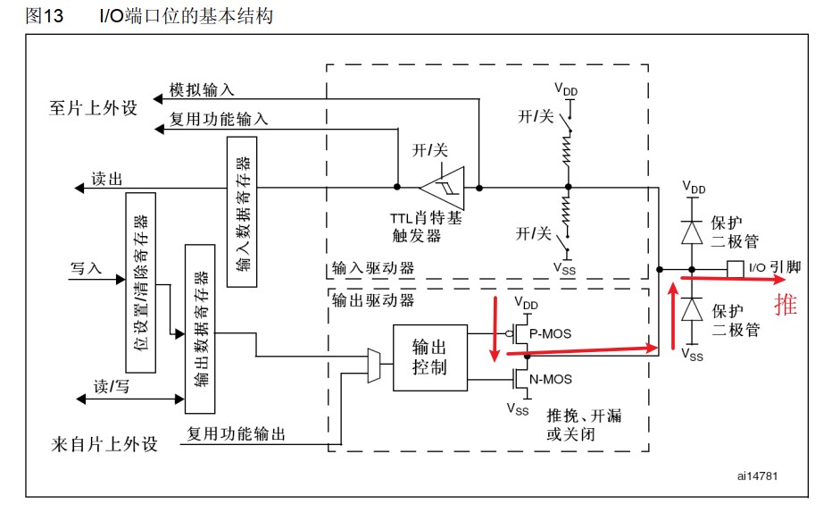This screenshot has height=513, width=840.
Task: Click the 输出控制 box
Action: pos(429,357)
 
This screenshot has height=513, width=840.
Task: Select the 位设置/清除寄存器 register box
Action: pos(141,282)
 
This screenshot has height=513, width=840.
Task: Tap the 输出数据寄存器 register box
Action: pos(199,328)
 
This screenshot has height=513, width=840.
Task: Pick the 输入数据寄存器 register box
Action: pos(242,212)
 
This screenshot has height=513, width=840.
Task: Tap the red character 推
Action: pos(786,304)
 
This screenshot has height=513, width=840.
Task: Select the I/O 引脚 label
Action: pos(775,266)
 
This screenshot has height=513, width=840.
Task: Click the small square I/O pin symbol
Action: pos(736,267)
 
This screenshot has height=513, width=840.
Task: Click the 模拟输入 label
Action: pos(202,90)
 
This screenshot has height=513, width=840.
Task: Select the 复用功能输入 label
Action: pos(218,118)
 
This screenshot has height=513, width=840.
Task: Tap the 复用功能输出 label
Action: pos(237,433)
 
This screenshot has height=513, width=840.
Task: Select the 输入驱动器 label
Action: pos(373,267)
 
